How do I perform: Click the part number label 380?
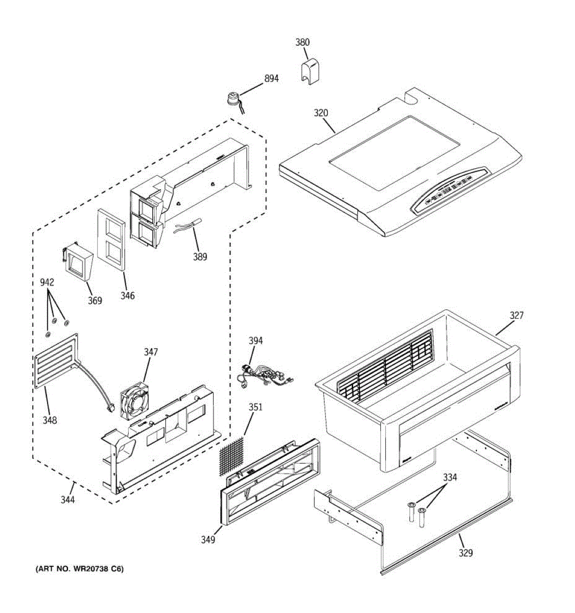pyautogui.click(x=303, y=42)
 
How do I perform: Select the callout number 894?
pyautogui.click(x=271, y=79)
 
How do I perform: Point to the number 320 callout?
pyautogui.click(x=320, y=113)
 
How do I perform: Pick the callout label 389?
pyautogui.click(x=200, y=257)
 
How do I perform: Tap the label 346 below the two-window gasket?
pyautogui.click(x=127, y=295)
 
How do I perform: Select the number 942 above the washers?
pyautogui.click(x=47, y=282)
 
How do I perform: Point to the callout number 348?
pyautogui.click(x=50, y=420)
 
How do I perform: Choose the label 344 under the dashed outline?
pyautogui.click(x=67, y=500)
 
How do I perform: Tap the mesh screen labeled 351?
pyautogui.click(x=231, y=454)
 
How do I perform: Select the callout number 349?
pyautogui.click(x=208, y=539)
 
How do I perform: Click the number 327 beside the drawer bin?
pyautogui.click(x=516, y=316)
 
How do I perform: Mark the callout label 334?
pyautogui.click(x=450, y=478)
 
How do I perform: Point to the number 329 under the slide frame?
pyautogui.click(x=465, y=553)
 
